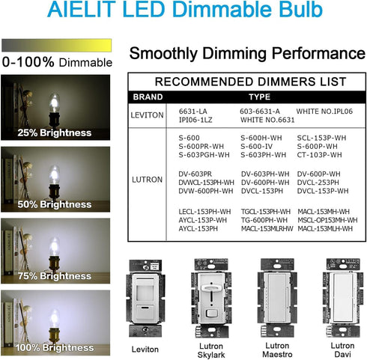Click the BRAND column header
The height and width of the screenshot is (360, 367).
148,97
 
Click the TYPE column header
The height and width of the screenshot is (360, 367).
259,97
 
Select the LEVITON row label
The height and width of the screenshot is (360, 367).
147,115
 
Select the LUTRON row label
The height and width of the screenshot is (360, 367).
147,180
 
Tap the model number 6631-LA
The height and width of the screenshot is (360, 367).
192,112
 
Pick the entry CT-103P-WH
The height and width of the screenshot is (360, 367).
319,155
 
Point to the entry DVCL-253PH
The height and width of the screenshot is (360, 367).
318,183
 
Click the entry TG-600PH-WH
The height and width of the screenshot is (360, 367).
264,220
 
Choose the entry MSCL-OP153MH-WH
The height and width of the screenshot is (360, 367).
327,220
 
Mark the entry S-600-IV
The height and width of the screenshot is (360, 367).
256,146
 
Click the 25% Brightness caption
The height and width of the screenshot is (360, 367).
55,132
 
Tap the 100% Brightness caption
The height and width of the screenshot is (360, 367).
55,347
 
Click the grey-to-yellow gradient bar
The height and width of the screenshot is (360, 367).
56,45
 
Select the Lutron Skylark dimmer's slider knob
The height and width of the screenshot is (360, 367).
211,288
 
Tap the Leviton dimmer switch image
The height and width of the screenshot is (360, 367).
145,298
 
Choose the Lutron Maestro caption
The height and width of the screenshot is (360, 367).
277,350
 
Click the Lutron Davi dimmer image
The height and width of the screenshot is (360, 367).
343,298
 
